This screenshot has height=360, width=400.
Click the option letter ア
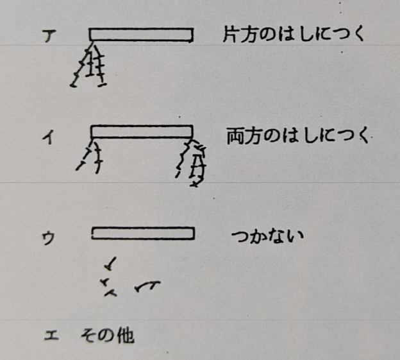pyautogui.click(x=49, y=36)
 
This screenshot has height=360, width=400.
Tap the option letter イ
pyautogui.click(x=49, y=137)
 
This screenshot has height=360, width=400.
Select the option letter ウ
pyautogui.click(x=49, y=238)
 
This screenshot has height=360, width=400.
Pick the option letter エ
pyautogui.click(x=51, y=335)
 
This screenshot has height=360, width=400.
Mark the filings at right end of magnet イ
pyautogui.click(x=192, y=162)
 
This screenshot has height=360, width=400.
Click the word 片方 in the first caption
pyautogui.click(x=240, y=35)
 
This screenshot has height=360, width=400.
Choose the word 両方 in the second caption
pyautogui.click(x=244, y=136)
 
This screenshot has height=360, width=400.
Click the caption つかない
pyautogui.click(x=267, y=236)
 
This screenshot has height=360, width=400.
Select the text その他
pyautogui.click(x=108, y=335)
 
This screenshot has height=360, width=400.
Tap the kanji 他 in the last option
pyautogui.click(x=126, y=335)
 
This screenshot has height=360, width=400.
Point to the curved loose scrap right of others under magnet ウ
pyautogui.click(x=147, y=286)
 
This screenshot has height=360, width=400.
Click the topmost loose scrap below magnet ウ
pyautogui.click(x=110, y=264)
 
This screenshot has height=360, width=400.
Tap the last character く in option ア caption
pyautogui.click(x=358, y=35)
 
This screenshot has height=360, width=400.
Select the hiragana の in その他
pyautogui.click(x=107, y=336)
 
